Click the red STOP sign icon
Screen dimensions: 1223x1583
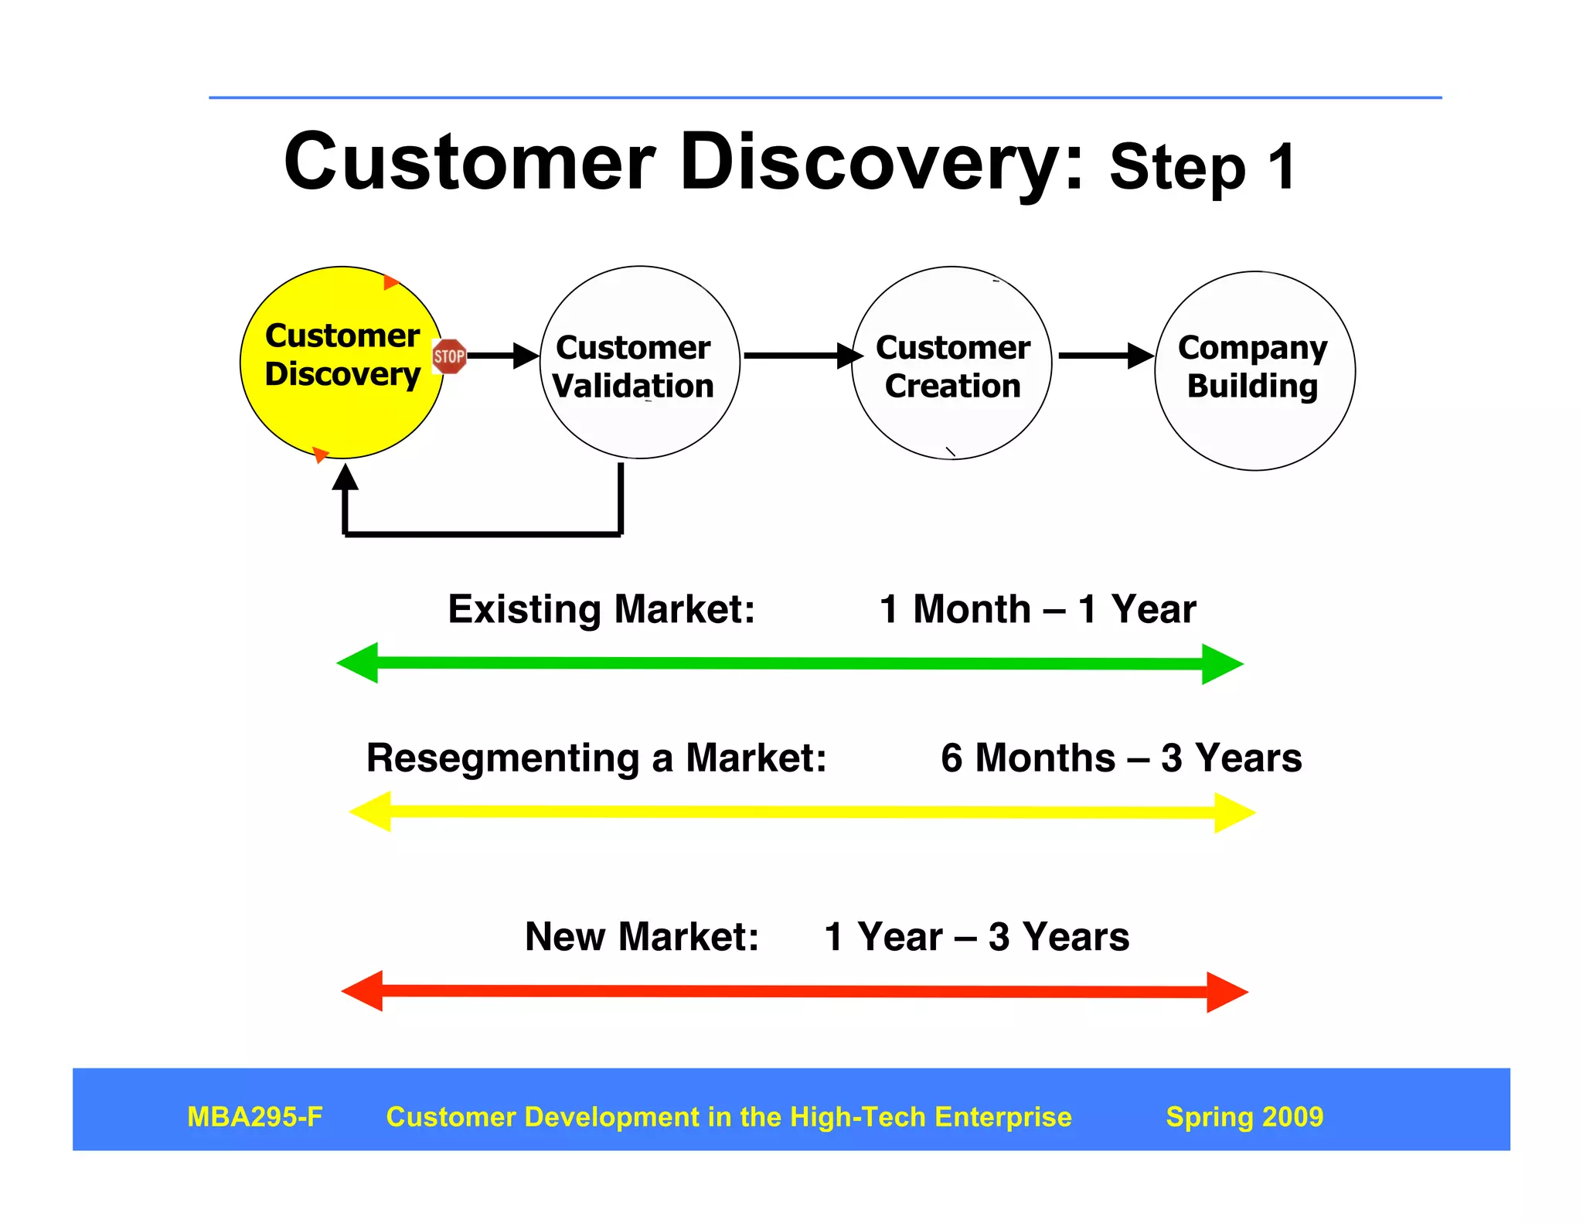(449, 356)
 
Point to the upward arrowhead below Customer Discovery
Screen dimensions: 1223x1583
(345, 477)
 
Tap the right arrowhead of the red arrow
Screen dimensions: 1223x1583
(1227, 992)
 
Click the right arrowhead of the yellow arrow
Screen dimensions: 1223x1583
(1234, 812)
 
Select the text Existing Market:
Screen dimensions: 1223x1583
(601, 609)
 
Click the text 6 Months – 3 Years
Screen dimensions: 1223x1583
(1121, 758)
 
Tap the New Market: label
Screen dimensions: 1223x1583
(642, 936)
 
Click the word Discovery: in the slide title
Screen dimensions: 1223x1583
(881, 162)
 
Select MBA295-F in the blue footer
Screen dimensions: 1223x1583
(254, 1116)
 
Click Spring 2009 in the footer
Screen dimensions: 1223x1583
(1244, 1116)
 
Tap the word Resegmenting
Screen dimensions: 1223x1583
(502, 758)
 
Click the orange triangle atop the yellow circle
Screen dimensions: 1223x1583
(390, 282)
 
